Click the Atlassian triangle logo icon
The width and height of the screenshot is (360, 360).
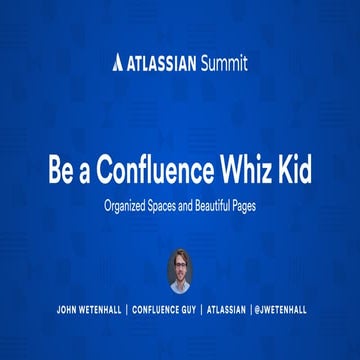120,63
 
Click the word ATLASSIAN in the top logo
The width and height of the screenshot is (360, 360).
164,63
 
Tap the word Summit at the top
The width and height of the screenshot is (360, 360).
224,63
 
